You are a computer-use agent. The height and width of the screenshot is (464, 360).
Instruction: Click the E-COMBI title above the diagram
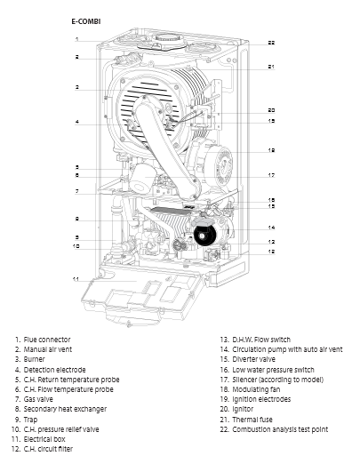click(x=86, y=21)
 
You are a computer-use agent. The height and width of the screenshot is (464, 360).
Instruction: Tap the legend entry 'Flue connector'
click(x=47, y=340)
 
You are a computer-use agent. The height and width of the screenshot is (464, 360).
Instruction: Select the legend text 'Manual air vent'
click(x=48, y=349)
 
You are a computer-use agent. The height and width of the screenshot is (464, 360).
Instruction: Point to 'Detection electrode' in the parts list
click(x=54, y=370)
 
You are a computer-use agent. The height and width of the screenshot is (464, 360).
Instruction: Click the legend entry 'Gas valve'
click(x=38, y=399)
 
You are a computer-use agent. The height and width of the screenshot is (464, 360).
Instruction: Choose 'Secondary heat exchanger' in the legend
click(x=65, y=409)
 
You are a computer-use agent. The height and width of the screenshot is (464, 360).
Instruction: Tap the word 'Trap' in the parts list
click(x=30, y=420)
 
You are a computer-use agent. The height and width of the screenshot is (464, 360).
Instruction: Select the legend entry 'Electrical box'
click(x=44, y=439)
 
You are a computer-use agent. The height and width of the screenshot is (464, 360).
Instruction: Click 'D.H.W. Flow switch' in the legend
click(x=261, y=340)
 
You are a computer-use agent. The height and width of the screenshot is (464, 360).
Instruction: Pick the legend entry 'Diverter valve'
click(x=253, y=359)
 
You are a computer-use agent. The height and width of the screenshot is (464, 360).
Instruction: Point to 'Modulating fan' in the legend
click(x=256, y=389)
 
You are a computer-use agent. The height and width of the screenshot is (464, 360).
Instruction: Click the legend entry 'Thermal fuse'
click(x=252, y=420)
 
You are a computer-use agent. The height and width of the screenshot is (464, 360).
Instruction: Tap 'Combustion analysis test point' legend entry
click(x=280, y=429)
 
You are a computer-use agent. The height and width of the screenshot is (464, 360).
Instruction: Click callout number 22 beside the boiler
click(x=271, y=43)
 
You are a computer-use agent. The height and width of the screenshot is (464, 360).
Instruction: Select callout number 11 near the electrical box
click(x=76, y=279)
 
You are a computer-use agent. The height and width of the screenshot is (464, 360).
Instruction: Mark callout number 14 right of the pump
click(x=271, y=228)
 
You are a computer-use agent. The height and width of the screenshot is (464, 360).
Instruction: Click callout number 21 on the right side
click(x=271, y=67)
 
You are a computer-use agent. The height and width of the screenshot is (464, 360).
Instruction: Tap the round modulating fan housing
click(x=219, y=166)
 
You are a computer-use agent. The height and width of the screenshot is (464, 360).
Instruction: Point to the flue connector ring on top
click(x=167, y=39)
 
